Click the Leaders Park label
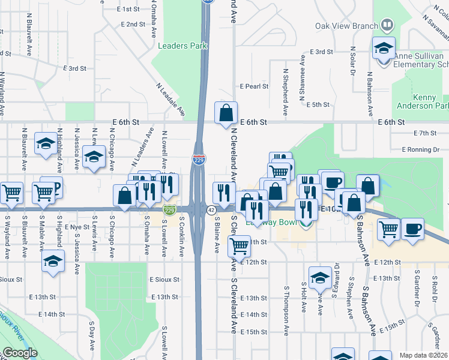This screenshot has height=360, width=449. pyautogui.click(x=182, y=46)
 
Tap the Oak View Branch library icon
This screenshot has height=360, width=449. pyautogui.click(x=387, y=25)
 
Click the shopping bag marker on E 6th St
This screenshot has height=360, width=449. pyautogui.click(x=226, y=113)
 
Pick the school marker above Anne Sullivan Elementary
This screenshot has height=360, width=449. pyautogui.click(x=382, y=48)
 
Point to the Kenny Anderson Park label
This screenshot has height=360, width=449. pyautogui.click(x=422, y=101)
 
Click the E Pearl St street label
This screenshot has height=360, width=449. pyautogui.click(x=254, y=86)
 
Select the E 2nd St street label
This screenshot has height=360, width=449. pyautogui.click(x=133, y=25)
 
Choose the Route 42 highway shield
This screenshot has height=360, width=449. pyautogui.click(x=211, y=210)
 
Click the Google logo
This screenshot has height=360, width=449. pyautogui.click(x=20, y=353)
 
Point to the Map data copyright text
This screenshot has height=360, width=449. pyautogui.click(x=424, y=355)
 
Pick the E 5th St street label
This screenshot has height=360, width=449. pyautogui.click(x=318, y=104)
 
